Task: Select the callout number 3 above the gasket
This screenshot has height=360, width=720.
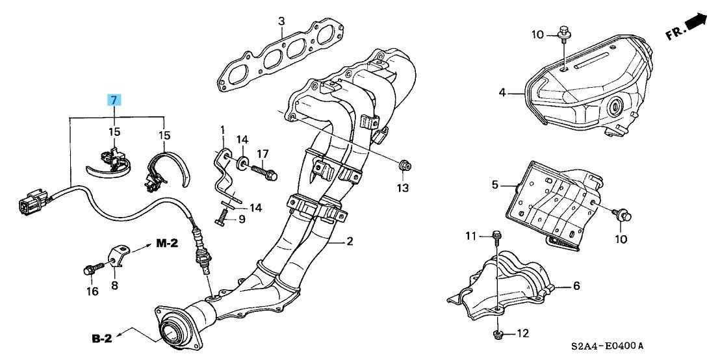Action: point(281,21)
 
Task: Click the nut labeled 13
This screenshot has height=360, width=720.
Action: point(404,165)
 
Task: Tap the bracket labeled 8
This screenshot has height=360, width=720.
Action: point(119,257)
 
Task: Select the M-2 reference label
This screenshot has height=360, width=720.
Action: point(167,244)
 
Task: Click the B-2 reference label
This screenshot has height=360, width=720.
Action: point(103,339)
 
